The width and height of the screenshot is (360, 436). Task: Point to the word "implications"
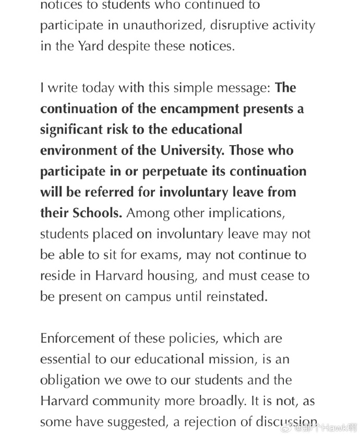pos(245,213)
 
